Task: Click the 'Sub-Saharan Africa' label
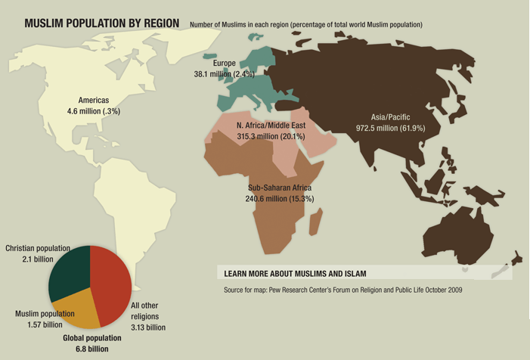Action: pyautogui.click(x=280, y=187)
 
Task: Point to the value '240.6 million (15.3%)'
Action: pyautogui.click(x=280, y=198)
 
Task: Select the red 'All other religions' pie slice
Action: pyautogui.click(x=111, y=280)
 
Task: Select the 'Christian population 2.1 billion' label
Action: pyautogui.click(x=38, y=253)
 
